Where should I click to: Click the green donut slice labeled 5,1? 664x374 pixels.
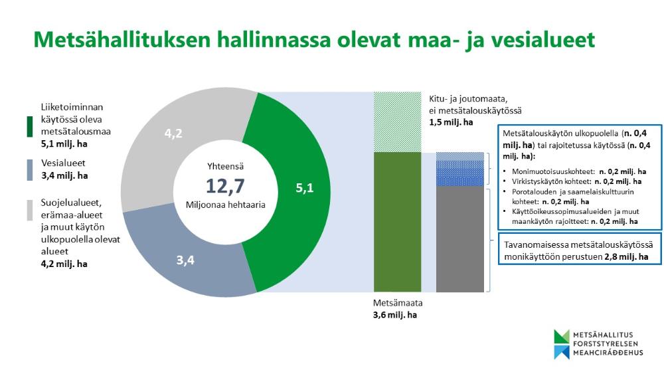[302, 189]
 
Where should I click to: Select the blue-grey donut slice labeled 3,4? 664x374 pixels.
[185, 259]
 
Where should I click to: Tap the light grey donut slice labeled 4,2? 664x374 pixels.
[174, 134]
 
